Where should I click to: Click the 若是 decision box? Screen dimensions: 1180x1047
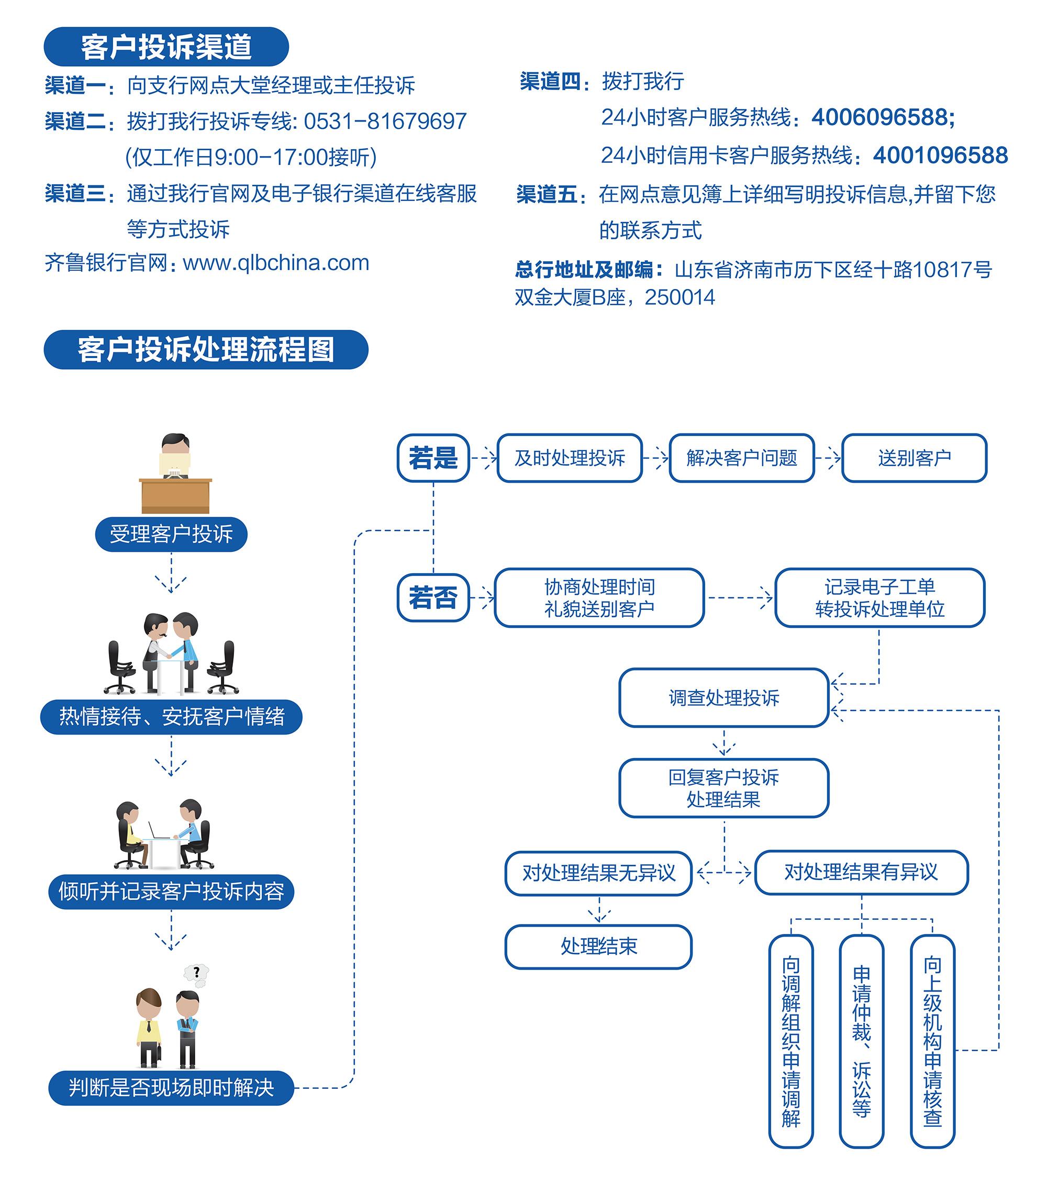(x=433, y=458)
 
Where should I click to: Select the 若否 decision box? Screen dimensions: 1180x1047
(x=433, y=597)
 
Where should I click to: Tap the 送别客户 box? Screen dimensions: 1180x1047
(x=914, y=458)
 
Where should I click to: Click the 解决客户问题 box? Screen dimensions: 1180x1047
(x=741, y=458)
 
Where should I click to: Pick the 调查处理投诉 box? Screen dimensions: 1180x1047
(x=724, y=697)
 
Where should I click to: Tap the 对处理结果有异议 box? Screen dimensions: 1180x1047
(x=861, y=872)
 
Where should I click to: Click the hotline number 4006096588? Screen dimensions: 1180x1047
(x=883, y=117)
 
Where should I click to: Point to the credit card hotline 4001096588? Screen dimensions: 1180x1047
(x=940, y=155)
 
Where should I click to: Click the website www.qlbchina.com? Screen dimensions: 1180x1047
(x=276, y=263)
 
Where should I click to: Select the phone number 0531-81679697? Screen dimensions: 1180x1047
(x=385, y=121)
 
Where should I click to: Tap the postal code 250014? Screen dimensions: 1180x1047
(x=680, y=297)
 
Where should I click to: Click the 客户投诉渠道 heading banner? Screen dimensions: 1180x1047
(x=166, y=47)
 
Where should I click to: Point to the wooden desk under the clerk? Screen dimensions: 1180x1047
(x=175, y=495)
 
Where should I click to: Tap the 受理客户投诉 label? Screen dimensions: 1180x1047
(x=171, y=534)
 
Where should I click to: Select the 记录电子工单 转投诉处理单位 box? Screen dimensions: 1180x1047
(x=879, y=597)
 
